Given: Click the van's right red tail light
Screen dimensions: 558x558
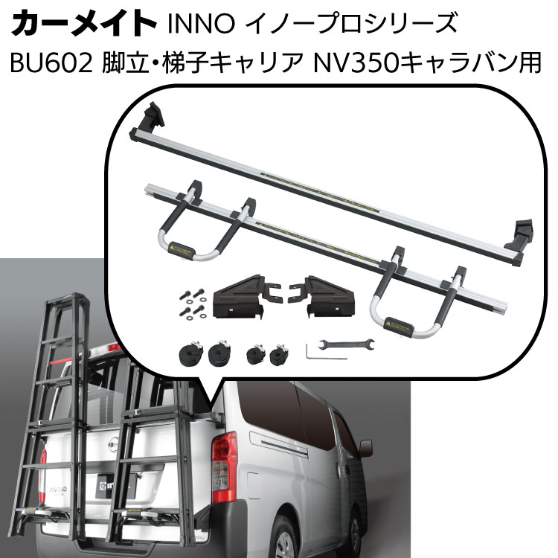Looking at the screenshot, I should [x=224, y=459].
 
